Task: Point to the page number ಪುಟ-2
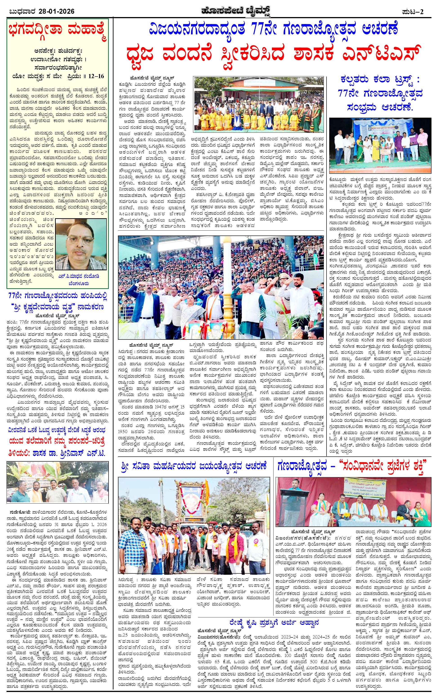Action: click(413, 11)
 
